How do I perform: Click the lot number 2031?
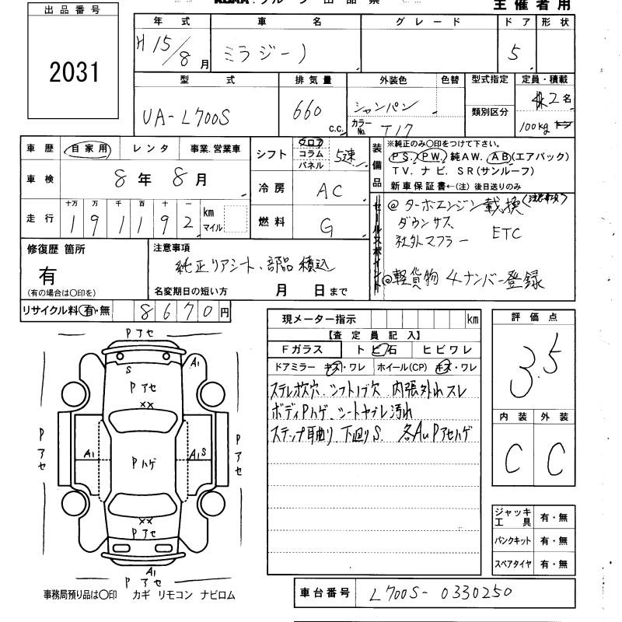(x=75, y=74)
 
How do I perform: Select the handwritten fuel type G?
(x=327, y=225)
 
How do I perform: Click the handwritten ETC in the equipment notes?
(x=508, y=232)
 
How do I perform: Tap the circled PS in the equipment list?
(x=401, y=155)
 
